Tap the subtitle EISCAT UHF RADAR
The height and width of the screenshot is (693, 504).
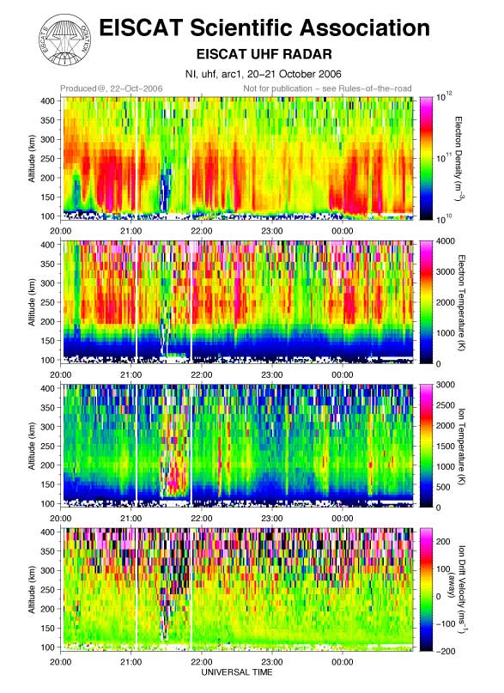[264, 54]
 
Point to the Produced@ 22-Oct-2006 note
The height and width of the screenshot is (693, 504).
[112, 88]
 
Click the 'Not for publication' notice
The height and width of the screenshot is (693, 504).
[327, 88]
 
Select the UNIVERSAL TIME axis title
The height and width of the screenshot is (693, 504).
[237, 672]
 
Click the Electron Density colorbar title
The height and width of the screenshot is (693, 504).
[459, 158]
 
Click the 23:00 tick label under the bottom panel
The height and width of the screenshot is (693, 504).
[271, 662]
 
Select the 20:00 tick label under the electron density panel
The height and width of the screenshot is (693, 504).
[60, 231]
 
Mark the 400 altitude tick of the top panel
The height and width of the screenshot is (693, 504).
[48, 100]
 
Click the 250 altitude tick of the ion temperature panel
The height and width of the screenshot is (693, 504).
[48, 446]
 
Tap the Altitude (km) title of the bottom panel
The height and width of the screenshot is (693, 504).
[32, 590]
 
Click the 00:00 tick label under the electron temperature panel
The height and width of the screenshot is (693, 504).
[343, 374]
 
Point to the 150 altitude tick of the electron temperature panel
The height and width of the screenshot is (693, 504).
[48, 341]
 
